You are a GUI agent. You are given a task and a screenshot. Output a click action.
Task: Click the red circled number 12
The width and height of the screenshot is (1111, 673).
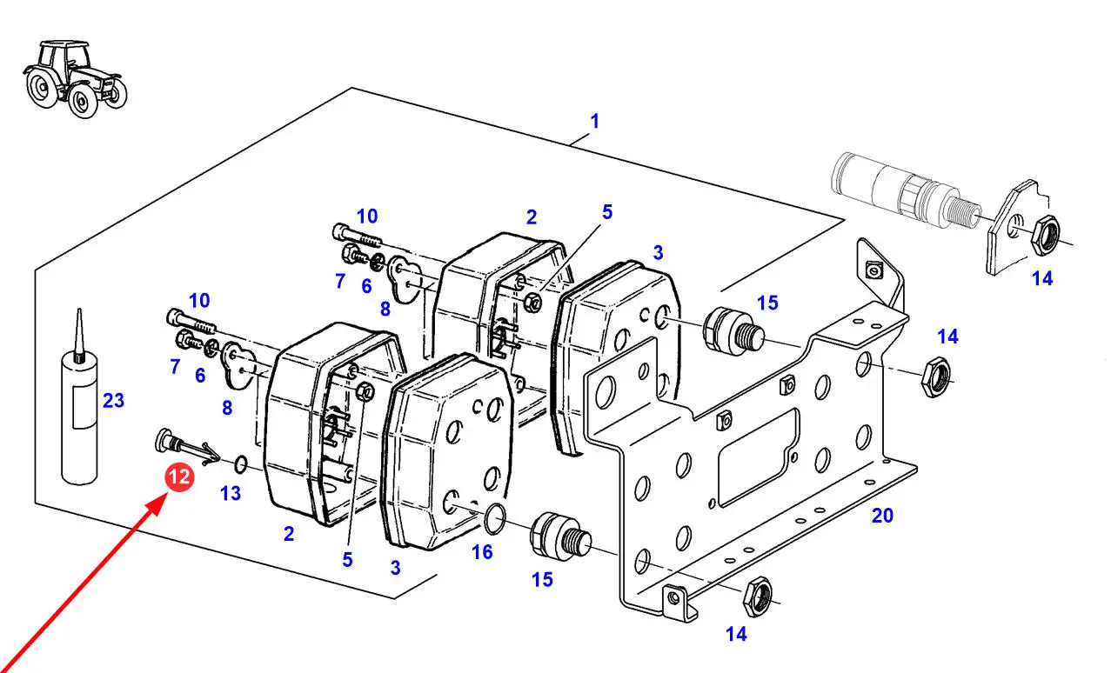pos(179,477)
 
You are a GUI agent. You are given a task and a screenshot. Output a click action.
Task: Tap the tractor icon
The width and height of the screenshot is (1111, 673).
pos(75,79)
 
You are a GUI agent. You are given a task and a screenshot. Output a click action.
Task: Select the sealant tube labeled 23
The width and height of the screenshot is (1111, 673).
pos(79,396)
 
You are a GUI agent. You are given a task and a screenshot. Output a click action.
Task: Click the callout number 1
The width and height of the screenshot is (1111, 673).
pos(595,121)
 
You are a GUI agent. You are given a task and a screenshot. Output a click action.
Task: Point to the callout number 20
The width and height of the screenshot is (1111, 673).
pos(882,516)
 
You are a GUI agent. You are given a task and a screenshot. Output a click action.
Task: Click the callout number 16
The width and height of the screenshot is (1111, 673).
pos(482,552)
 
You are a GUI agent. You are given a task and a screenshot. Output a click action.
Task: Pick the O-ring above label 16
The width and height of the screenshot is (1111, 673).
pos(494,519)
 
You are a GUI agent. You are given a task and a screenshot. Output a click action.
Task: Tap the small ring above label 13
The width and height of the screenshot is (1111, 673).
pos(240,464)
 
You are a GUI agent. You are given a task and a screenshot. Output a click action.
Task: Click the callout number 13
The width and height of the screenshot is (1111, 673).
pos(231,493)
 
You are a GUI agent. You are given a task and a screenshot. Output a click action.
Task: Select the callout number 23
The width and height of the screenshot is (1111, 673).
pos(113,401)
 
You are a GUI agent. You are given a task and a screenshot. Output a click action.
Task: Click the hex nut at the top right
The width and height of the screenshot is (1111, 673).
pos(1045,235)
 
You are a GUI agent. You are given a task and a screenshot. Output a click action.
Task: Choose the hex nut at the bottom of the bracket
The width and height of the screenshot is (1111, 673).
pos(758,596)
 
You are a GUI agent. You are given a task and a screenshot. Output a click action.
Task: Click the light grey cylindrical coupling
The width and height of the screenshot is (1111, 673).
pos(907,191)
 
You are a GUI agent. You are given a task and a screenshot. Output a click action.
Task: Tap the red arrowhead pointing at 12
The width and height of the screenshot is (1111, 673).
pos(157,504)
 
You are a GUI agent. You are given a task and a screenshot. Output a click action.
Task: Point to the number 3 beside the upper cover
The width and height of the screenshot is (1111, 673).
pos(659,253)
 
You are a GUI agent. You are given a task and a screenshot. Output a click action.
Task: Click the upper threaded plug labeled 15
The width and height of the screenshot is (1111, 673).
pos(734,330)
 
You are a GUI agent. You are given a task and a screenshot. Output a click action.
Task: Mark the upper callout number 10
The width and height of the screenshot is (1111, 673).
pos(367,217)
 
